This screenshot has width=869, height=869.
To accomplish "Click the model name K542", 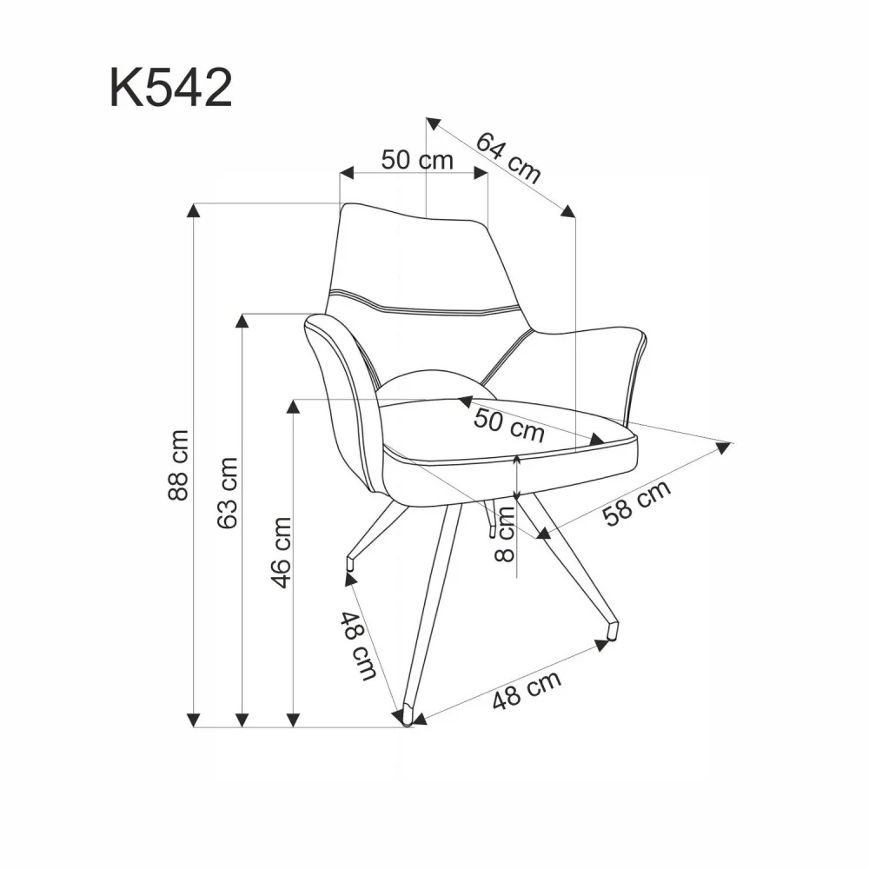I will [x=171, y=88].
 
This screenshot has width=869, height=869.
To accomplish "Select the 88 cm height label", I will [x=178, y=464].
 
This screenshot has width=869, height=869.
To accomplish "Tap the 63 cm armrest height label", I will [x=228, y=492].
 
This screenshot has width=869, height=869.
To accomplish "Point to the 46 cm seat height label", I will [x=281, y=552].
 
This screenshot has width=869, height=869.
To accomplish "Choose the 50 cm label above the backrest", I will [x=417, y=160].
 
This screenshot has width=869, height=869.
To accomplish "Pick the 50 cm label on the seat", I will [x=508, y=424].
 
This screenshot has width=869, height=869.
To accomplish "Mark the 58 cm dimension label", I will [x=637, y=503].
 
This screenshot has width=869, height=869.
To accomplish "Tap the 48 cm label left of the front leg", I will [x=357, y=646].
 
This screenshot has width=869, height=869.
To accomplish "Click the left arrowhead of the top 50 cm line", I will [x=346, y=173].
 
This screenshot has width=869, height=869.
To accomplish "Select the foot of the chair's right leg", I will [x=613, y=628].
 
